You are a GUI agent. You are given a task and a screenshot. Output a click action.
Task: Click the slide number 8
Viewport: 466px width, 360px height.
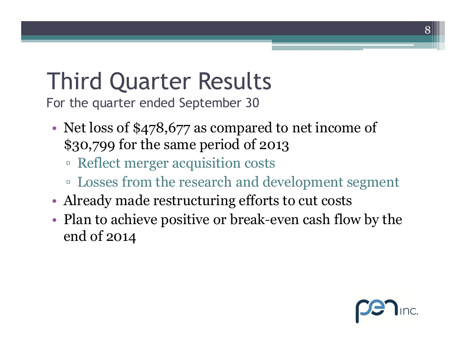pyautogui.click(x=427, y=30)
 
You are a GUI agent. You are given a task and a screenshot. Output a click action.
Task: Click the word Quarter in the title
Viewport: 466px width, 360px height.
pyautogui.click(x=150, y=82)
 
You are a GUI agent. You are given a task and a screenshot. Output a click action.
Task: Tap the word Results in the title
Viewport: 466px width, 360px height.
pyautogui.click(x=235, y=81)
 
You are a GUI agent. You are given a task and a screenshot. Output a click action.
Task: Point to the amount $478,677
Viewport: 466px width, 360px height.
pyautogui.click(x=162, y=128)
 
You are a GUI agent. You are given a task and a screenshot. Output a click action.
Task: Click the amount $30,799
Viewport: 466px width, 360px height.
pyautogui.click(x=90, y=145)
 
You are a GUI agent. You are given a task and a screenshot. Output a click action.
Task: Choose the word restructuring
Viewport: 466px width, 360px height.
pyautogui.click(x=194, y=201)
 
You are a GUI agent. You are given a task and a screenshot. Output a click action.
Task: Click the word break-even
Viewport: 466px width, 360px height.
pyautogui.click(x=264, y=220)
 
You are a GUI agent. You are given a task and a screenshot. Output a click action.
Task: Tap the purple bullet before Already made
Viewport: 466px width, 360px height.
pyautogui.click(x=54, y=201)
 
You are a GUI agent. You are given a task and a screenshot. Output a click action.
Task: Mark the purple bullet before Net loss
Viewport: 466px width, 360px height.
pyautogui.click(x=54, y=129)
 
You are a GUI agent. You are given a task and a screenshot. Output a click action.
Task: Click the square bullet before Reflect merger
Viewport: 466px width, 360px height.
pyautogui.click(x=68, y=163)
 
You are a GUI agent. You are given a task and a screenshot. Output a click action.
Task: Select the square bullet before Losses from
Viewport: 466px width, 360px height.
pyautogui.click(x=68, y=182)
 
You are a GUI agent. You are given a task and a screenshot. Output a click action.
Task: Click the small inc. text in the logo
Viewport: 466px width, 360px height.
pyautogui.click(x=409, y=311)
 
